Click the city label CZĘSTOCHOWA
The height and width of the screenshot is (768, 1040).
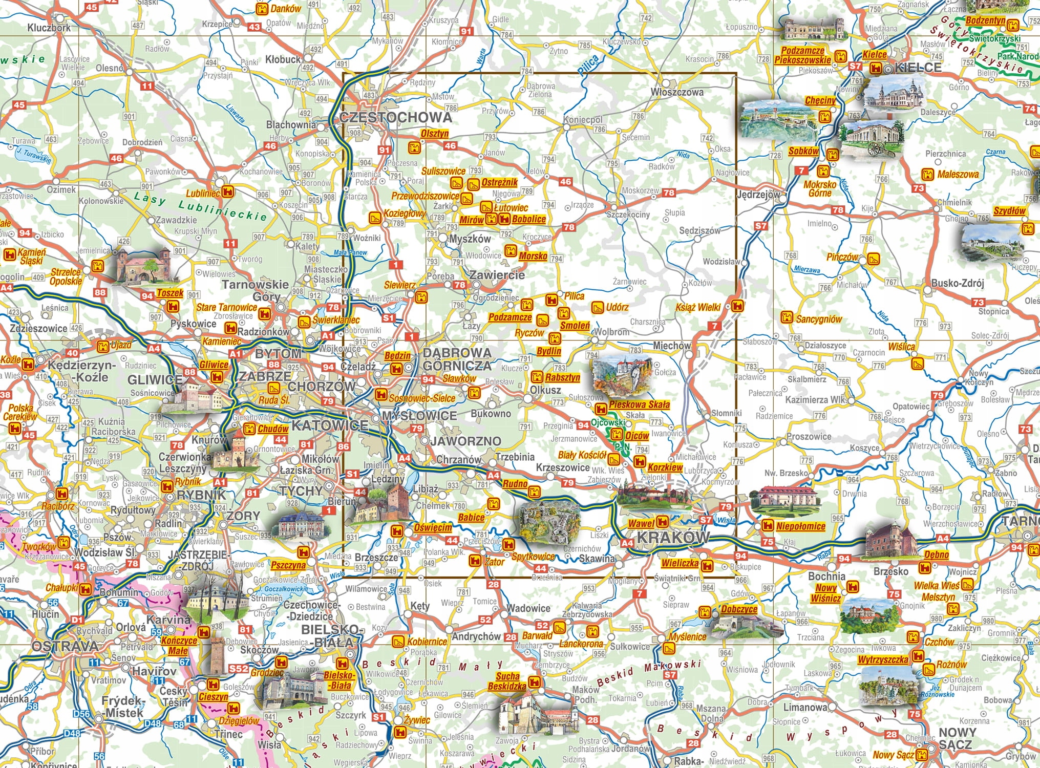[x=396, y=117]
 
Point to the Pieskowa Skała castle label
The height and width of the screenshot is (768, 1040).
[x=639, y=404]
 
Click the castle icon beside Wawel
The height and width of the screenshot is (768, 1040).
[x=662, y=522]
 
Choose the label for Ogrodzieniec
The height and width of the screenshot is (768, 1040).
[x=496, y=297]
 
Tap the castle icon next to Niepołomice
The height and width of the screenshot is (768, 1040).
[x=767, y=525]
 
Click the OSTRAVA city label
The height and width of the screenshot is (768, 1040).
[x=65, y=646]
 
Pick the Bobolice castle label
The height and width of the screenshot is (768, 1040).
[x=529, y=219]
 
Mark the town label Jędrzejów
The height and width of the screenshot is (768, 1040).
[x=758, y=195]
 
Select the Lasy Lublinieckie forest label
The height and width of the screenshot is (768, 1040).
[x=200, y=206]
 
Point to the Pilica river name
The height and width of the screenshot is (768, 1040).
[x=589, y=66]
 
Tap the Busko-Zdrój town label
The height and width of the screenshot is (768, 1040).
[x=958, y=283]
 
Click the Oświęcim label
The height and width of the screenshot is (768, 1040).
[x=433, y=527]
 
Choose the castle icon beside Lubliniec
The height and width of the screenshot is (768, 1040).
[x=228, y=193]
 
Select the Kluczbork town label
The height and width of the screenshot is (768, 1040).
[x=49, y=28]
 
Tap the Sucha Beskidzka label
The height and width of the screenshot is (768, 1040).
[x=506, y=681]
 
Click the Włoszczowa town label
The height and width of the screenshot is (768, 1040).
[x=676, y=92]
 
